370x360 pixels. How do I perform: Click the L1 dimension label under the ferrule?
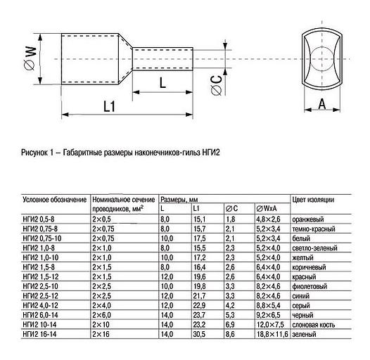click(x=108, y=107)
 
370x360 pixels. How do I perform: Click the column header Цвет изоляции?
click(x=315, y=200)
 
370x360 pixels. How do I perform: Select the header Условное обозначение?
click(x=55, y=200)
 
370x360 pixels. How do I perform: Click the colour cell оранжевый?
click(x=310, y=220)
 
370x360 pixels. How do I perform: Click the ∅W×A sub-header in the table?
click(x=267, y=210)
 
